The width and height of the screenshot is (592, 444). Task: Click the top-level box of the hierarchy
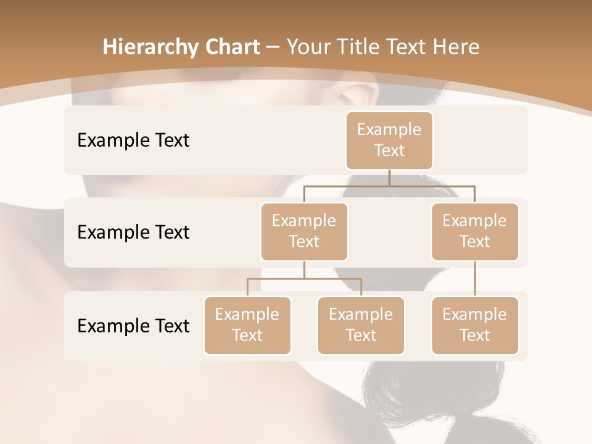pyautogui.click(x=389, y=140)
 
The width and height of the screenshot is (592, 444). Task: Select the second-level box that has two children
pyautogui.click(x=304, y=231)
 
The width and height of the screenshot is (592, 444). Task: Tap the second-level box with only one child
pyautogui.click(x=475, y=231)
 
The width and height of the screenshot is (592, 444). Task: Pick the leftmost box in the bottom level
pyautogui.click(x=247, y=325)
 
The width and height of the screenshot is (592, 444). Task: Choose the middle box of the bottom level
pyautogui.click(x=361, y=325)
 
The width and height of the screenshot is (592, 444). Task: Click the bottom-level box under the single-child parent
pyautogui.click(x=475, y=325)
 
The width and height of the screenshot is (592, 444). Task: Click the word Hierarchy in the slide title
pyautogui.click(x=149, y=47)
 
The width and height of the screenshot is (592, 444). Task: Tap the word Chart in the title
pyautogui.click(x=231, y=47)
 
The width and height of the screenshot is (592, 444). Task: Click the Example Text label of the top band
pyautogui.click(x=133, y=140)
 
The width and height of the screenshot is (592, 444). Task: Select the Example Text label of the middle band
pyautogui.click(x=133, y=232)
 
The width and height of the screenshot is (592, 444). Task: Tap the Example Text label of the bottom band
pyautogui.click(x=133, y=326)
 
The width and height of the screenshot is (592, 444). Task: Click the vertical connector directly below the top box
pyautogui.click(x=389, y=178)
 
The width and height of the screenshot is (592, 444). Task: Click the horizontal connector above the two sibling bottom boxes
pyautogui.click(x=304, y=279)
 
